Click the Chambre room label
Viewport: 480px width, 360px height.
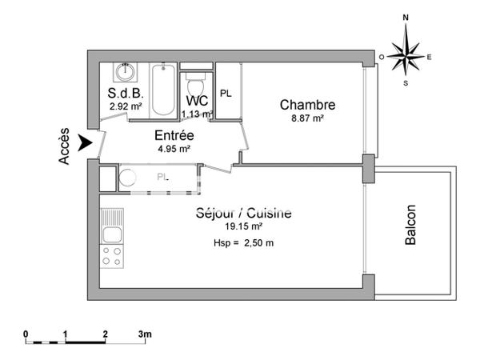(306, 105)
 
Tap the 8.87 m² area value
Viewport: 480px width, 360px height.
(306, 118)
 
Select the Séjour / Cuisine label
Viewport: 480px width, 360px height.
(243, 214)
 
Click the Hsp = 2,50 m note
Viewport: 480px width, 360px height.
(243, 243)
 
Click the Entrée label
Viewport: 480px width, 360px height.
(174, 135)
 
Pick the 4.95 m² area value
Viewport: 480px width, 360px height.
(174, 148)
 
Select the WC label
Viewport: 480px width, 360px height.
(196, 101)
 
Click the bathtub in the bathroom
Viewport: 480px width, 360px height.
(162, 90)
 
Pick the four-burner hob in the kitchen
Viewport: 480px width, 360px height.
(112, 256)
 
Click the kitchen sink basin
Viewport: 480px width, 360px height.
(112, 234)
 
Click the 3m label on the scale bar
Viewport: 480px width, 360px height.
(144, 333)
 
